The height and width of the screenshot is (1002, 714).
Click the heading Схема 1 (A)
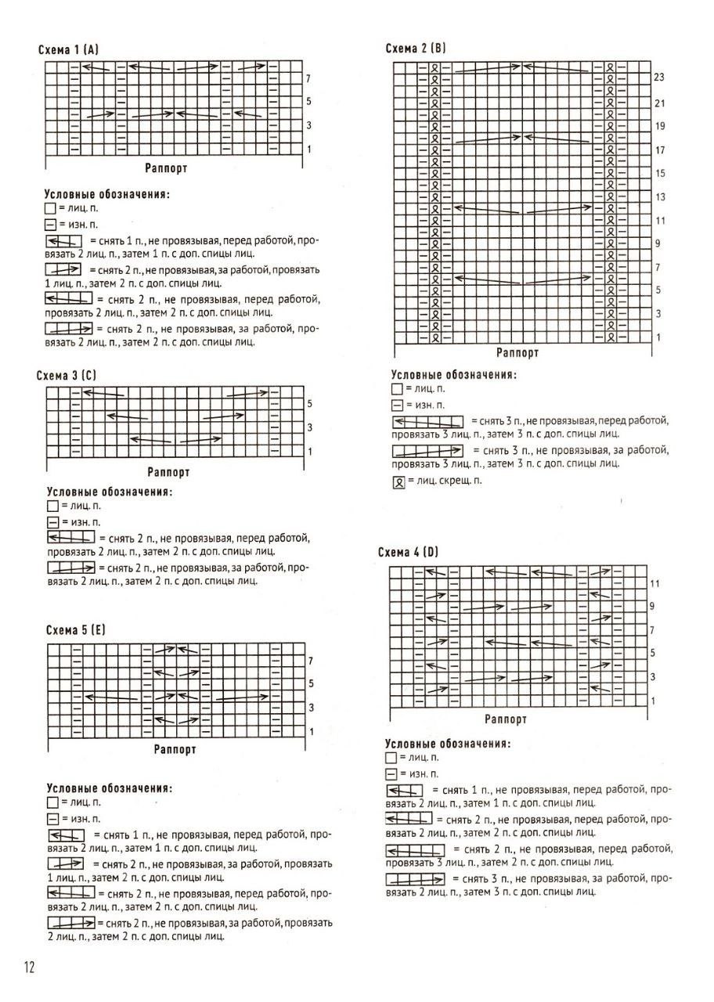(68, 50)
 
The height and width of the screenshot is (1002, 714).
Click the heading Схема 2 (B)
(416, 49)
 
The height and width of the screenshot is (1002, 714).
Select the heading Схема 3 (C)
(67, 376)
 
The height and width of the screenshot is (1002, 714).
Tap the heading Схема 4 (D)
(408, 553)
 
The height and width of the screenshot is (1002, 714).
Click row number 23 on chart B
(658, 77)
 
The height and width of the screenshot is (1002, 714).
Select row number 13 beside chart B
(660, 197)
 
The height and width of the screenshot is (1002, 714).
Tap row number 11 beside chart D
(655, 584)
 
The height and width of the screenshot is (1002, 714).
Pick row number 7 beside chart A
(308, 79)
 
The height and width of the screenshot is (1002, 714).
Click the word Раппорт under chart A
(166, 168)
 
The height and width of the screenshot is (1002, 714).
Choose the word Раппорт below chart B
(517, 354)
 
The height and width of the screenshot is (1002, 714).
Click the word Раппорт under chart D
(506, 719)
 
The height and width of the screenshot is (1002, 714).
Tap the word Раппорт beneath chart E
(175, 750)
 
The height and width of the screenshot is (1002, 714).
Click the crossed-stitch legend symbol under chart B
(397, 481)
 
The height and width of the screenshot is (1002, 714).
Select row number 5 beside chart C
(310, 404)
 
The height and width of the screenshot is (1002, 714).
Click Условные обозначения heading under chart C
(109, 492)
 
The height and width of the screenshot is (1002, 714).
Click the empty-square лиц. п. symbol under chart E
(52, 802)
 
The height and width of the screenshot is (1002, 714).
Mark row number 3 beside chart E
(311, 708)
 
